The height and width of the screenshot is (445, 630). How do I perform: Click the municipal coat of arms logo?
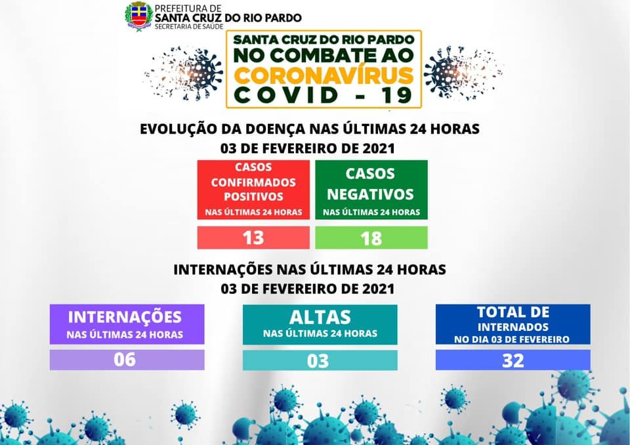138,16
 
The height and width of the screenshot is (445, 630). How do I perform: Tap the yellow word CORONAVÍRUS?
324,75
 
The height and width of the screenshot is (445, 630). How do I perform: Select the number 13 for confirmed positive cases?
253,238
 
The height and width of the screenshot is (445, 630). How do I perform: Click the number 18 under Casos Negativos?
371,238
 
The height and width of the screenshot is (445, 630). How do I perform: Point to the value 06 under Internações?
125,360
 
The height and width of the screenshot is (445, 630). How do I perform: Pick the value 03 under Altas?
318,361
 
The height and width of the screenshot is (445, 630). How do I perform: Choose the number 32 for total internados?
513,360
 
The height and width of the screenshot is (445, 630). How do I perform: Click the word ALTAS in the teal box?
320,317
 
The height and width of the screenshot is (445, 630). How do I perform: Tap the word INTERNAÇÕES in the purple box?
125,317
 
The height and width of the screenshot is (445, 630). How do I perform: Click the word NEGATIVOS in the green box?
370,194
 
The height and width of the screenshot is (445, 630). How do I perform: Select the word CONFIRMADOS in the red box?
253,182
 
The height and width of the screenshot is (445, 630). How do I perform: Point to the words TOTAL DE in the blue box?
513,312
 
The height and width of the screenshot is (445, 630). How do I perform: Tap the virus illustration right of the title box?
462,74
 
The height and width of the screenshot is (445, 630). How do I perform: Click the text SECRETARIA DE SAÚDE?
189,26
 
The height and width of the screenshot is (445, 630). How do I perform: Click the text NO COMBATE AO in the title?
324,56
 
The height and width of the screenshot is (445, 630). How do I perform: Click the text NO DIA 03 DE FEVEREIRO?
512,339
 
